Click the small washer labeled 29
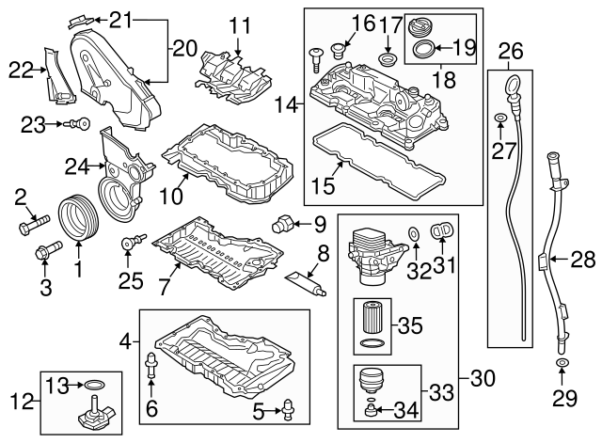(x=562, y=363)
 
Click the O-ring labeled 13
(x=94, y=386)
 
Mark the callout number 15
(x=322, y=186)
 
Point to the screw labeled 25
(x=128, y=246)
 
